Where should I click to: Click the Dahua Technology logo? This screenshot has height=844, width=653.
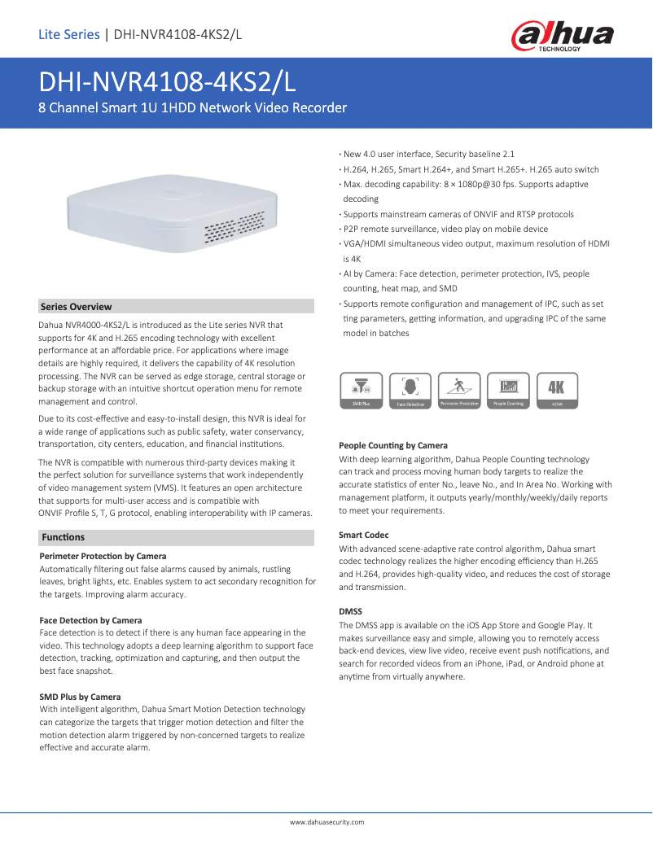pos(563,37)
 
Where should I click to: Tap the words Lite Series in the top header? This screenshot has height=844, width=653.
pos(68,34)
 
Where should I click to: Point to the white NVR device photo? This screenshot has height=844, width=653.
pos(177,212)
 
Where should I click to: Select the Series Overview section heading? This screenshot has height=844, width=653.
pos(77,307)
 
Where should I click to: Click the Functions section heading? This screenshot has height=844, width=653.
pos(63,537)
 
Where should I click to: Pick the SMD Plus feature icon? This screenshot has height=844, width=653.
pos(361,390)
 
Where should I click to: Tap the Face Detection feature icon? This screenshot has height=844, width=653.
pos(410,390)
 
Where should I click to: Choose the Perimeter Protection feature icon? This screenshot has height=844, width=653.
pos(459,390)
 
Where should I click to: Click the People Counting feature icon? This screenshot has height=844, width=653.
pos(508,390)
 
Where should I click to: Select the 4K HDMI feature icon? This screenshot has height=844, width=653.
pos(557,390)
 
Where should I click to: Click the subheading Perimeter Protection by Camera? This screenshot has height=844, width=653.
pos(103,556)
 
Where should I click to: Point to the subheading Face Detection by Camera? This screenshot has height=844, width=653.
pos(90,620)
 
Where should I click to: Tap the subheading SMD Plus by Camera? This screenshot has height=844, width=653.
pos(80,697)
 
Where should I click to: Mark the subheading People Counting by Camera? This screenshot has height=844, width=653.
pos(392,445)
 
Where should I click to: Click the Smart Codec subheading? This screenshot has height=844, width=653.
pos(363,535)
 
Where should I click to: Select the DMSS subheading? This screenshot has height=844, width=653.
pos(350,610)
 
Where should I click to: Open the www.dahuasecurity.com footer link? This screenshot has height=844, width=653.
pos(326,822)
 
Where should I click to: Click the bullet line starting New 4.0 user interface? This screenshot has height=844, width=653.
pos(428,154)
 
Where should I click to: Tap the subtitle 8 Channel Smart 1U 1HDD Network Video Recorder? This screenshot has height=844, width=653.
pos(193,108)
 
